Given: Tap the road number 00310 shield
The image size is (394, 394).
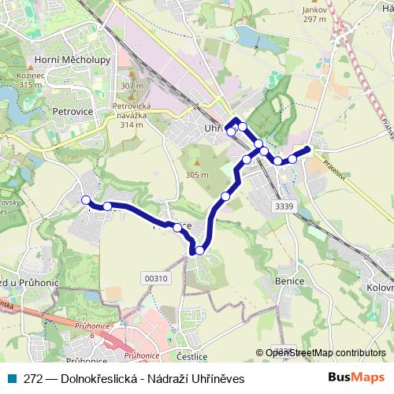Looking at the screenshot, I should click(x=158, y=277).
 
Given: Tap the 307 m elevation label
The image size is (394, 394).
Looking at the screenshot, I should click(x=132, y=85).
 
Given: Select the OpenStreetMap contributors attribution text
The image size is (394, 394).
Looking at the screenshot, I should click(x=325, y=353).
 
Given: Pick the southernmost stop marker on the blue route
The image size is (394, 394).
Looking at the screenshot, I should click(x=199, y=250).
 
